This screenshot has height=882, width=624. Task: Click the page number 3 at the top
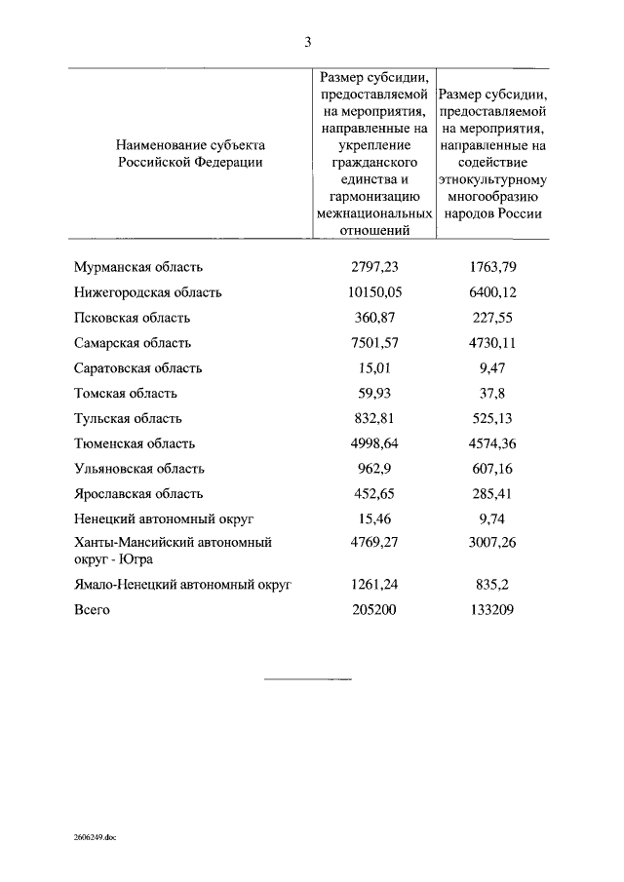pos(307,41)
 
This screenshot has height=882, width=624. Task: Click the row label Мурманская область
pos(137,267)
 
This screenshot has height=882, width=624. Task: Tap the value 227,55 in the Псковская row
pos(492,318)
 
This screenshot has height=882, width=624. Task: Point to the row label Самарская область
pos(133,343)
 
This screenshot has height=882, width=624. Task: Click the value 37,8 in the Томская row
pos(492,394)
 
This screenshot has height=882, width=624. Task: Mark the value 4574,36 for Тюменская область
pos(492,444)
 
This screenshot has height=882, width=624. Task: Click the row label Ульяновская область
pos(139,470)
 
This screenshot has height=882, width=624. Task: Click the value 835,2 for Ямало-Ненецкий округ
pos(492,585)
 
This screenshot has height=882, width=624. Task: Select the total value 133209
pos(492,610)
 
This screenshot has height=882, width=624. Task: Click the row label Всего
pos(93,610)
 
